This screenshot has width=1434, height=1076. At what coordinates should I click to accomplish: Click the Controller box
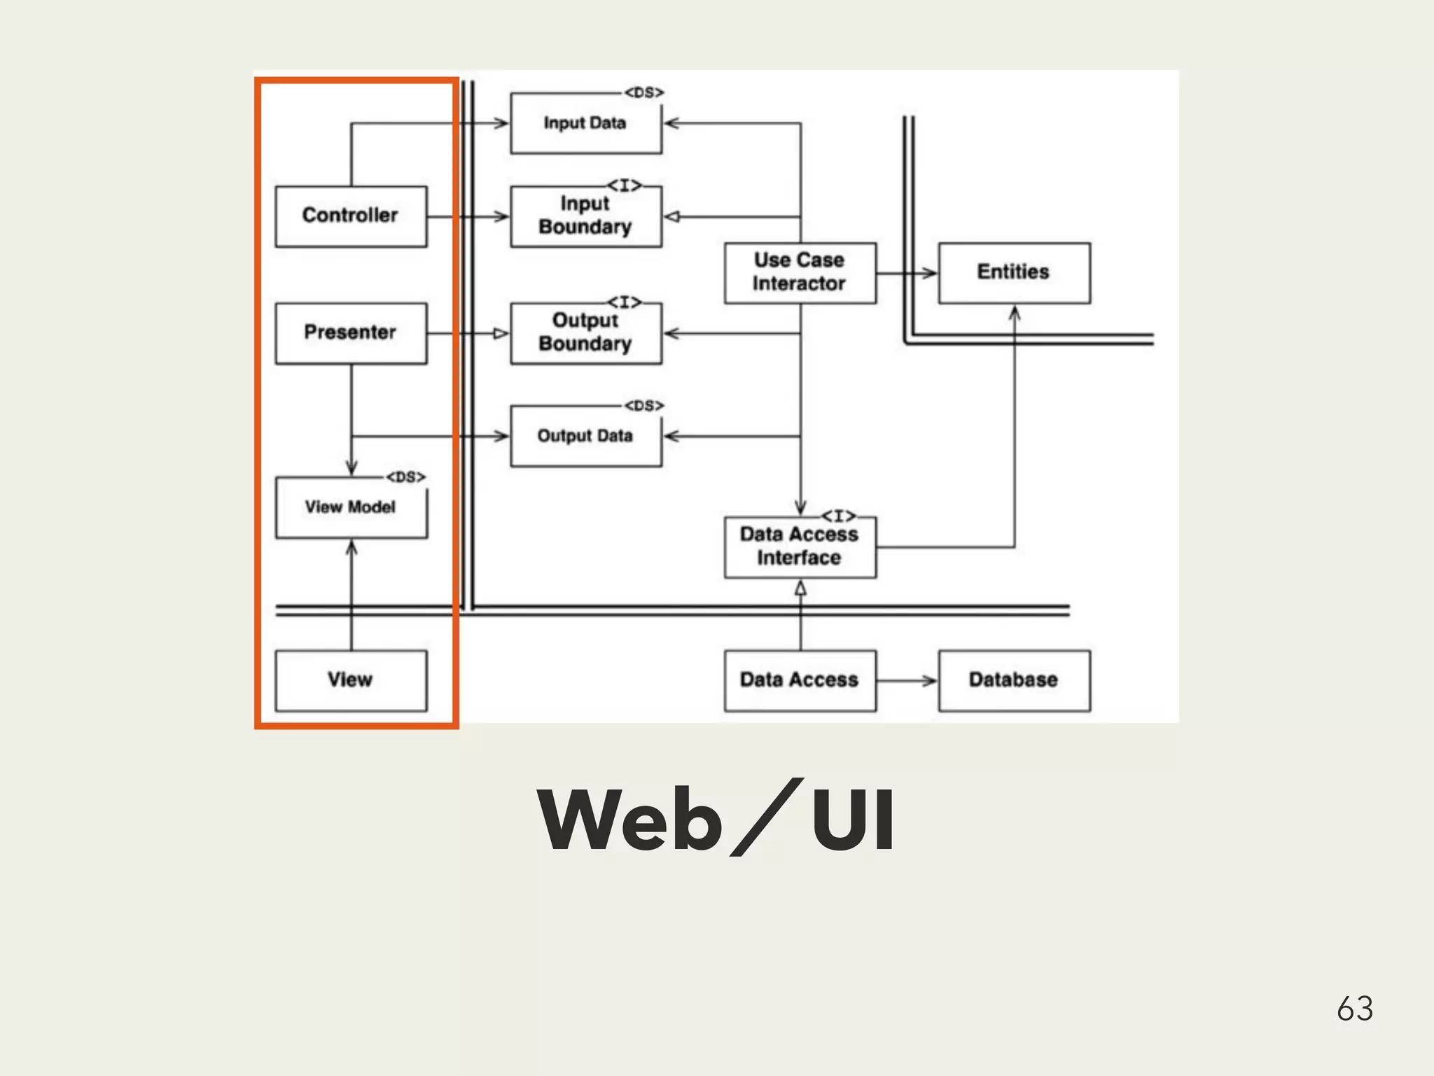(351, 216)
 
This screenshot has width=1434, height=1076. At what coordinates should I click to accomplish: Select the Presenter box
(351, 333)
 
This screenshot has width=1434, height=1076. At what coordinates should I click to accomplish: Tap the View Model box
(351, 507)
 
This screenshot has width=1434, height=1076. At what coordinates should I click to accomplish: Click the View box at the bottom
(351, 680)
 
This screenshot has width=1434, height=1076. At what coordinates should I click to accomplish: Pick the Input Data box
(585, 123)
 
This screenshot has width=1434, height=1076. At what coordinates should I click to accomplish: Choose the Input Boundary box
(585, 216)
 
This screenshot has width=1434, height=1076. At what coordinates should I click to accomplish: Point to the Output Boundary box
(585, 333)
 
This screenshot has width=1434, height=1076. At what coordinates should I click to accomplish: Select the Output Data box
(585, 436)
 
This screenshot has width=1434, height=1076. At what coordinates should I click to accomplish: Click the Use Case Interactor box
(800, 273)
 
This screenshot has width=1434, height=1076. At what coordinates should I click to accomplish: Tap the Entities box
(1014, 273)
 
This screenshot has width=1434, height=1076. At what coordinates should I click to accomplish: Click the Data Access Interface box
(800, 547)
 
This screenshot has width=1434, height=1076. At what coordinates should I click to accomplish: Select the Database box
(1014, 680)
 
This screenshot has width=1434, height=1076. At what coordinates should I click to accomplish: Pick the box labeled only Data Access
(800, 680)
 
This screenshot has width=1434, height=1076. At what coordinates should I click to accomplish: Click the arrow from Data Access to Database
(907, 680)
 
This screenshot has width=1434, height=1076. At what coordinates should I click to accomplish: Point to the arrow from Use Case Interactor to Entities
(907, 273)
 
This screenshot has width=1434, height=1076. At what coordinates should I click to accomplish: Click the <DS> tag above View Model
(405, 477)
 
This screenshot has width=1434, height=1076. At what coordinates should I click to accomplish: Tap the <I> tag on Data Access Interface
(838, 516)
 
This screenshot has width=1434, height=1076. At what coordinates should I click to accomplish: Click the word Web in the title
(629, 820)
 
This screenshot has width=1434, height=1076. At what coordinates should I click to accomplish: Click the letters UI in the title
(852, 820)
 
